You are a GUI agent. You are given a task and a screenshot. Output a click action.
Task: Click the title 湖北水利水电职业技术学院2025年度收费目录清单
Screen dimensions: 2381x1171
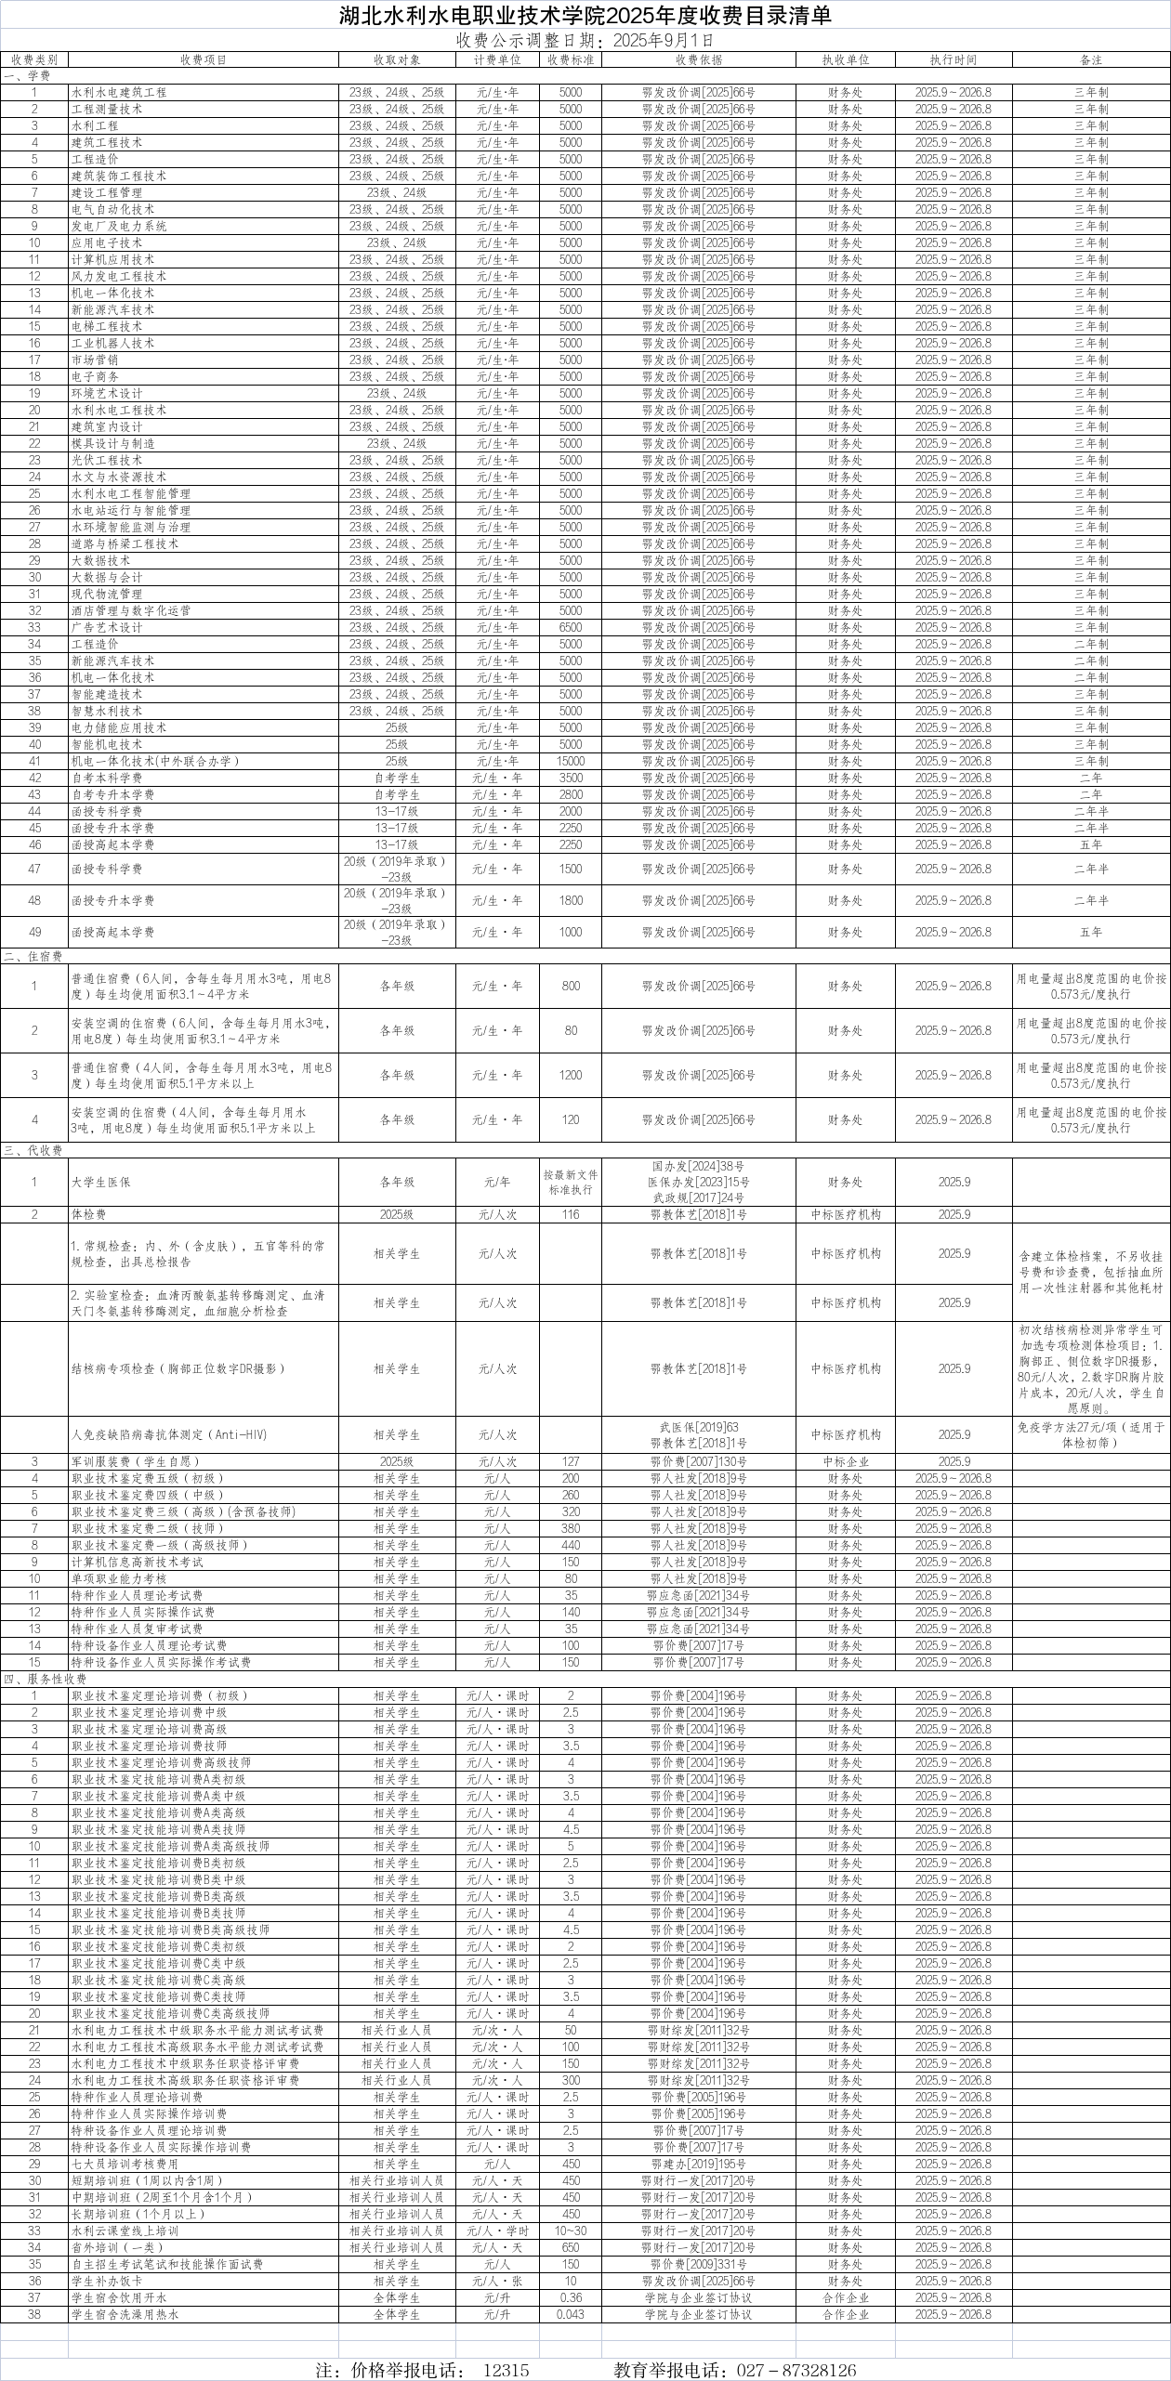(585, 16)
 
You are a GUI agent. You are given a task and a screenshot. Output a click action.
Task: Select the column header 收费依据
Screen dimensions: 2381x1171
(698, 59)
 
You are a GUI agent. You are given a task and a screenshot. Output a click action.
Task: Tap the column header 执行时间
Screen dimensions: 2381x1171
(953, 59)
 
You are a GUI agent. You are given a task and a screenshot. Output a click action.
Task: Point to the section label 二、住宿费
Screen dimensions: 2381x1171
(33, 955)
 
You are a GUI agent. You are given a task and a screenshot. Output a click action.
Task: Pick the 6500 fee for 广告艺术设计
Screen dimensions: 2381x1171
(571, 627)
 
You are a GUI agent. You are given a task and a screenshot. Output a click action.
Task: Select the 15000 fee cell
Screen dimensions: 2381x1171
(571, 761)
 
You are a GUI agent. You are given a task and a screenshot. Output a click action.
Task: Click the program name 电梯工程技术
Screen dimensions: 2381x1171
(107, 326)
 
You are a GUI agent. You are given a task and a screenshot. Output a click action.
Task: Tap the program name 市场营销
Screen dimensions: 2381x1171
(95, 360)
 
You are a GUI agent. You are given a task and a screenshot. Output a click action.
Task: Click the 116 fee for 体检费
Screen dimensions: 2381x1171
(571, 1214)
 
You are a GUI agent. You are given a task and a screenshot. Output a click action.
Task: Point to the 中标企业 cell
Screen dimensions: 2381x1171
(846, 1461)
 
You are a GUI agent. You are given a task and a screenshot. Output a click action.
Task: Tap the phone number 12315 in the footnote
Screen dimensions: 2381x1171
(506, 2363)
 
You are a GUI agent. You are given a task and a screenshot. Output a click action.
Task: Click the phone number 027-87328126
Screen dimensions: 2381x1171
(796, 2363)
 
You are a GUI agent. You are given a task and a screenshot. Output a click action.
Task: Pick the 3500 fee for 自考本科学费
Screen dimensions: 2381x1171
(571, 778)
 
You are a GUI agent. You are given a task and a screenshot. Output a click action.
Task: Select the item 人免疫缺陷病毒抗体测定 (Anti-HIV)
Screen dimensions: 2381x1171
(169, 1434)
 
